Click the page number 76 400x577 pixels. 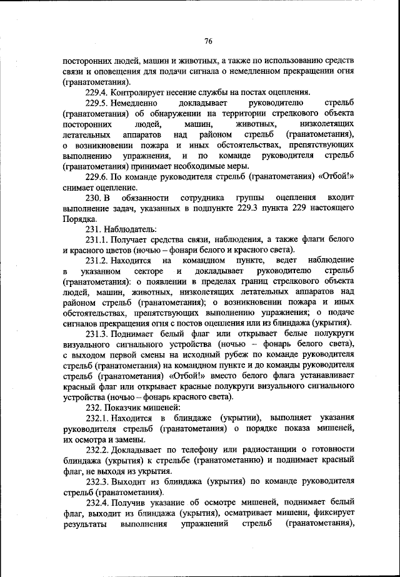[x=208, y=41]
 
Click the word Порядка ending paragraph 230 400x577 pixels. [x=79, y=218]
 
